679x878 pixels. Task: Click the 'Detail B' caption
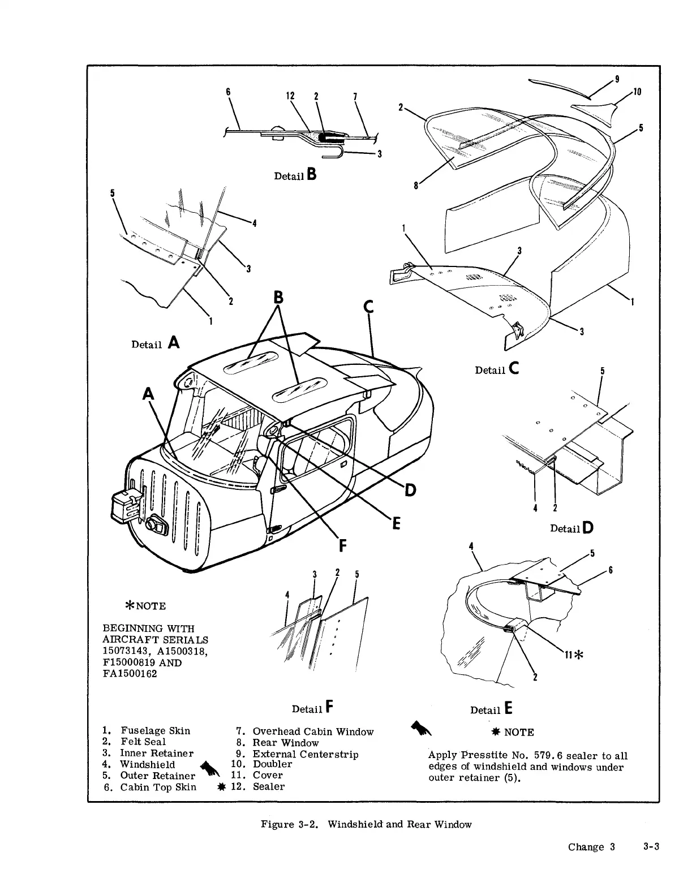coord(295,175)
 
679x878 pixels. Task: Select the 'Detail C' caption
coord(498,369)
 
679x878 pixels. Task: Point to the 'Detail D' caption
coord(571,528)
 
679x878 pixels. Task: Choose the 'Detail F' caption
coord(312,708)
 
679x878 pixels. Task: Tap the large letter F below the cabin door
coord(343,546)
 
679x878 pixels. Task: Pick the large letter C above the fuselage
coord(368,307)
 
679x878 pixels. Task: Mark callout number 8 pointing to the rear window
coord(416,184)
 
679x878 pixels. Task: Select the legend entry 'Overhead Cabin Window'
coord(313,731)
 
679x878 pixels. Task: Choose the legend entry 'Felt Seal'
coord(143,742)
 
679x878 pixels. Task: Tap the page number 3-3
coord(651,846)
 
